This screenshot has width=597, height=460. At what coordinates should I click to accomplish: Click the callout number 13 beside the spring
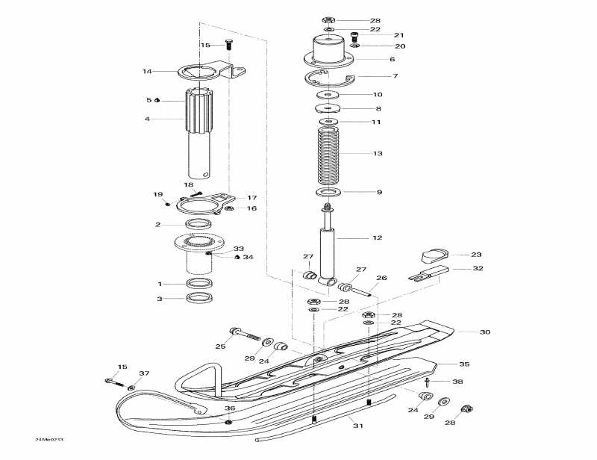click(x=378, y=153)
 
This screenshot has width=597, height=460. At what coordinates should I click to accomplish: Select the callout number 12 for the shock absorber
click(x=378, y=237)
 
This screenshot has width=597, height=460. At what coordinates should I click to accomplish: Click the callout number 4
click(x=148, y=118)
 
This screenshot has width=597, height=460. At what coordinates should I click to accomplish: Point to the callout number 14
click(x=147, y=72)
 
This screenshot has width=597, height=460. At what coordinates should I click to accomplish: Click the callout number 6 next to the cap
click(x=392, y=59)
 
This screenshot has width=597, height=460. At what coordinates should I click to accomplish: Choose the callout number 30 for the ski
click(x=484, y=332)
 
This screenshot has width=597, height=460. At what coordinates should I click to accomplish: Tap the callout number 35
click(x=463, y=364)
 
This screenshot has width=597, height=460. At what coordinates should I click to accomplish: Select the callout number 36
click(x=230, y=408)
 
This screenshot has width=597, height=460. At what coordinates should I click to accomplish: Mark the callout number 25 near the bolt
click(x=220, y=346)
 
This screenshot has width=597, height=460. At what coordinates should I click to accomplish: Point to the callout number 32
click(x=478, y=268)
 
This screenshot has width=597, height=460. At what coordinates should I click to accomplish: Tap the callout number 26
click(x=381, y=279)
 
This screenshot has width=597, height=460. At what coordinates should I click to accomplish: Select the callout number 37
click(x=144, y=373)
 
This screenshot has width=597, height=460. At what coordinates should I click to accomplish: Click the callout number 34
click(x=249, y=258)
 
